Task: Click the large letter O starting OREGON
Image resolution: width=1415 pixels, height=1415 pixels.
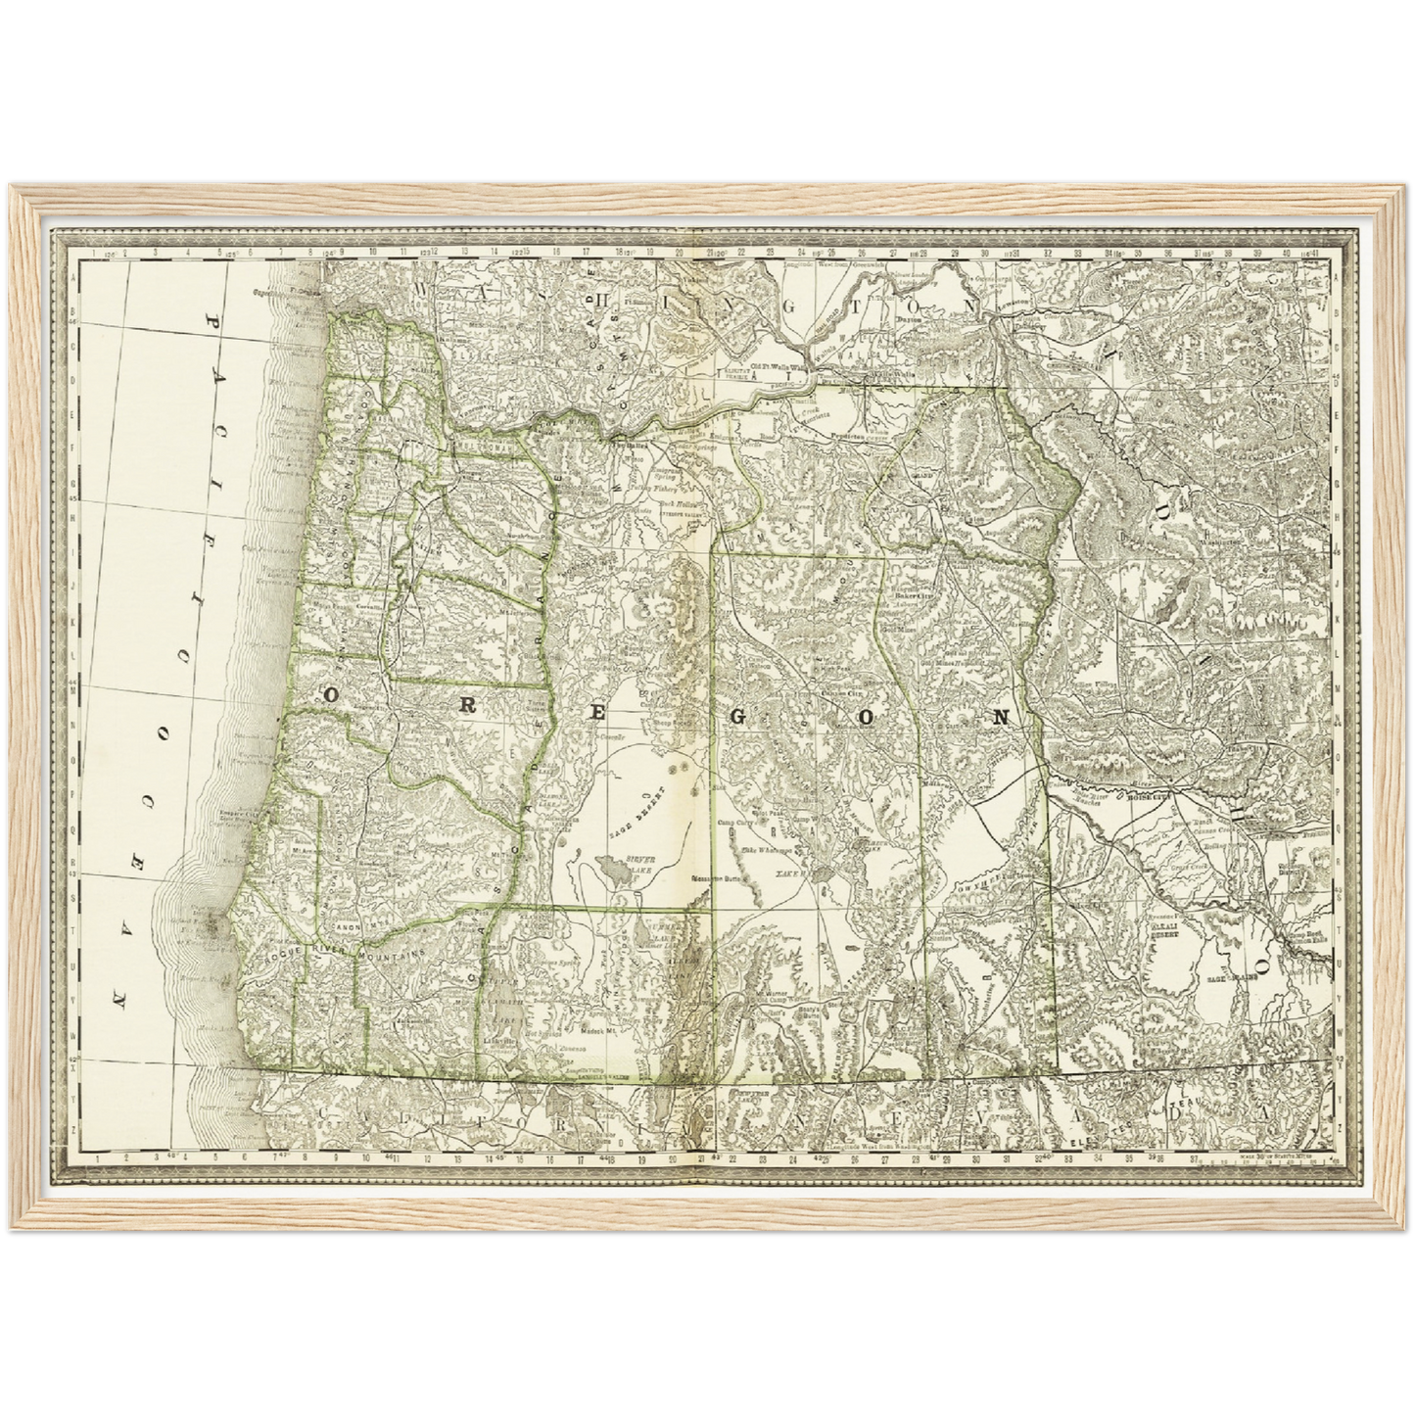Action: (331, 695)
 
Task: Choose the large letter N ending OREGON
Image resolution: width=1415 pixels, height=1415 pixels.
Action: (1001, 716)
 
